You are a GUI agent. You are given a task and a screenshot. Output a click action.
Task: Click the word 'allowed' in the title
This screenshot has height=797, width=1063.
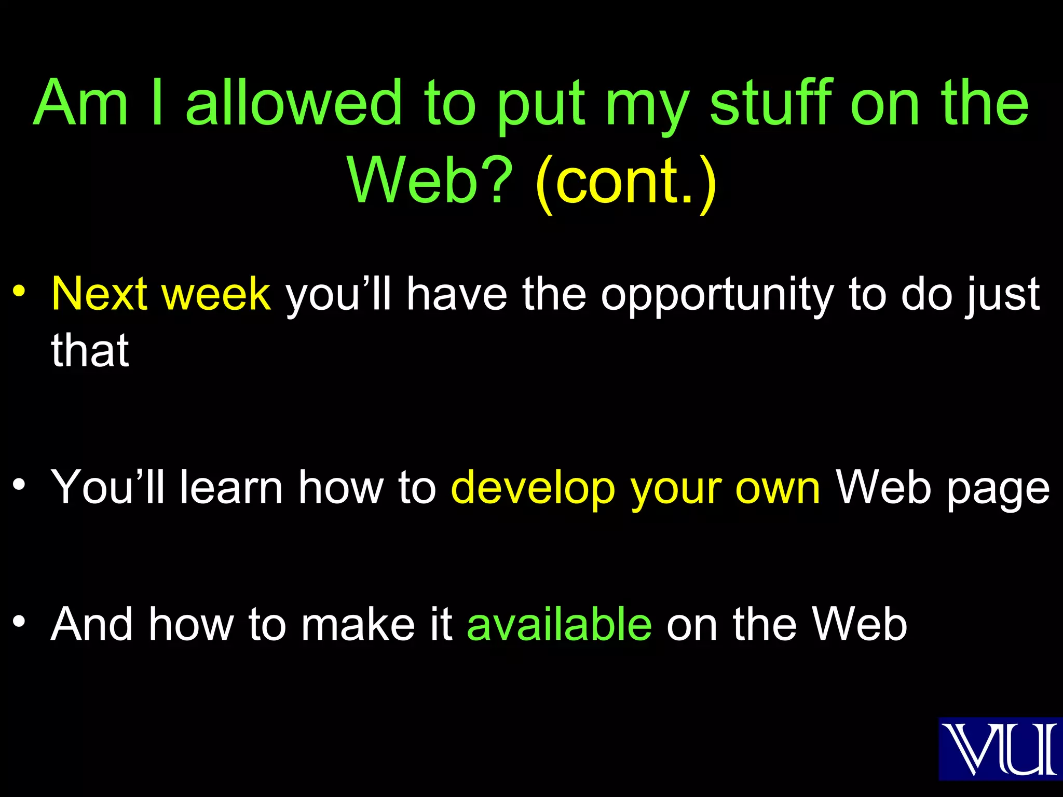point(294,102)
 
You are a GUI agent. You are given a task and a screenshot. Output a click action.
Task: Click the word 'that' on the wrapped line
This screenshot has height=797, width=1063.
point(90,350)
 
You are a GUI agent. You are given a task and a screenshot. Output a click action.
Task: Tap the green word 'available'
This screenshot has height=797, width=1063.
point(560,624)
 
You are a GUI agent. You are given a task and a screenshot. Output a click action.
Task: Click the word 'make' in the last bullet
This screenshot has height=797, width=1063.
point(358,624)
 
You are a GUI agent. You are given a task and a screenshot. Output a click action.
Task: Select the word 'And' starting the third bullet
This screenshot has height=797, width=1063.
point(91,624)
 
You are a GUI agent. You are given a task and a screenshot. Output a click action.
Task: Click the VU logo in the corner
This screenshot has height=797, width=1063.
point(1000,748)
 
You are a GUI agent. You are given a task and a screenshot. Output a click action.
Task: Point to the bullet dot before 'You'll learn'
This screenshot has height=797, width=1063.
point(19,485)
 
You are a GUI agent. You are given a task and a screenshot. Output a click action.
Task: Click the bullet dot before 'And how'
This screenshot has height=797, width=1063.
point(19,621)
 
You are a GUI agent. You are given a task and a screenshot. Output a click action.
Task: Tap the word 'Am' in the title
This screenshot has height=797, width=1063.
point(80,102)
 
